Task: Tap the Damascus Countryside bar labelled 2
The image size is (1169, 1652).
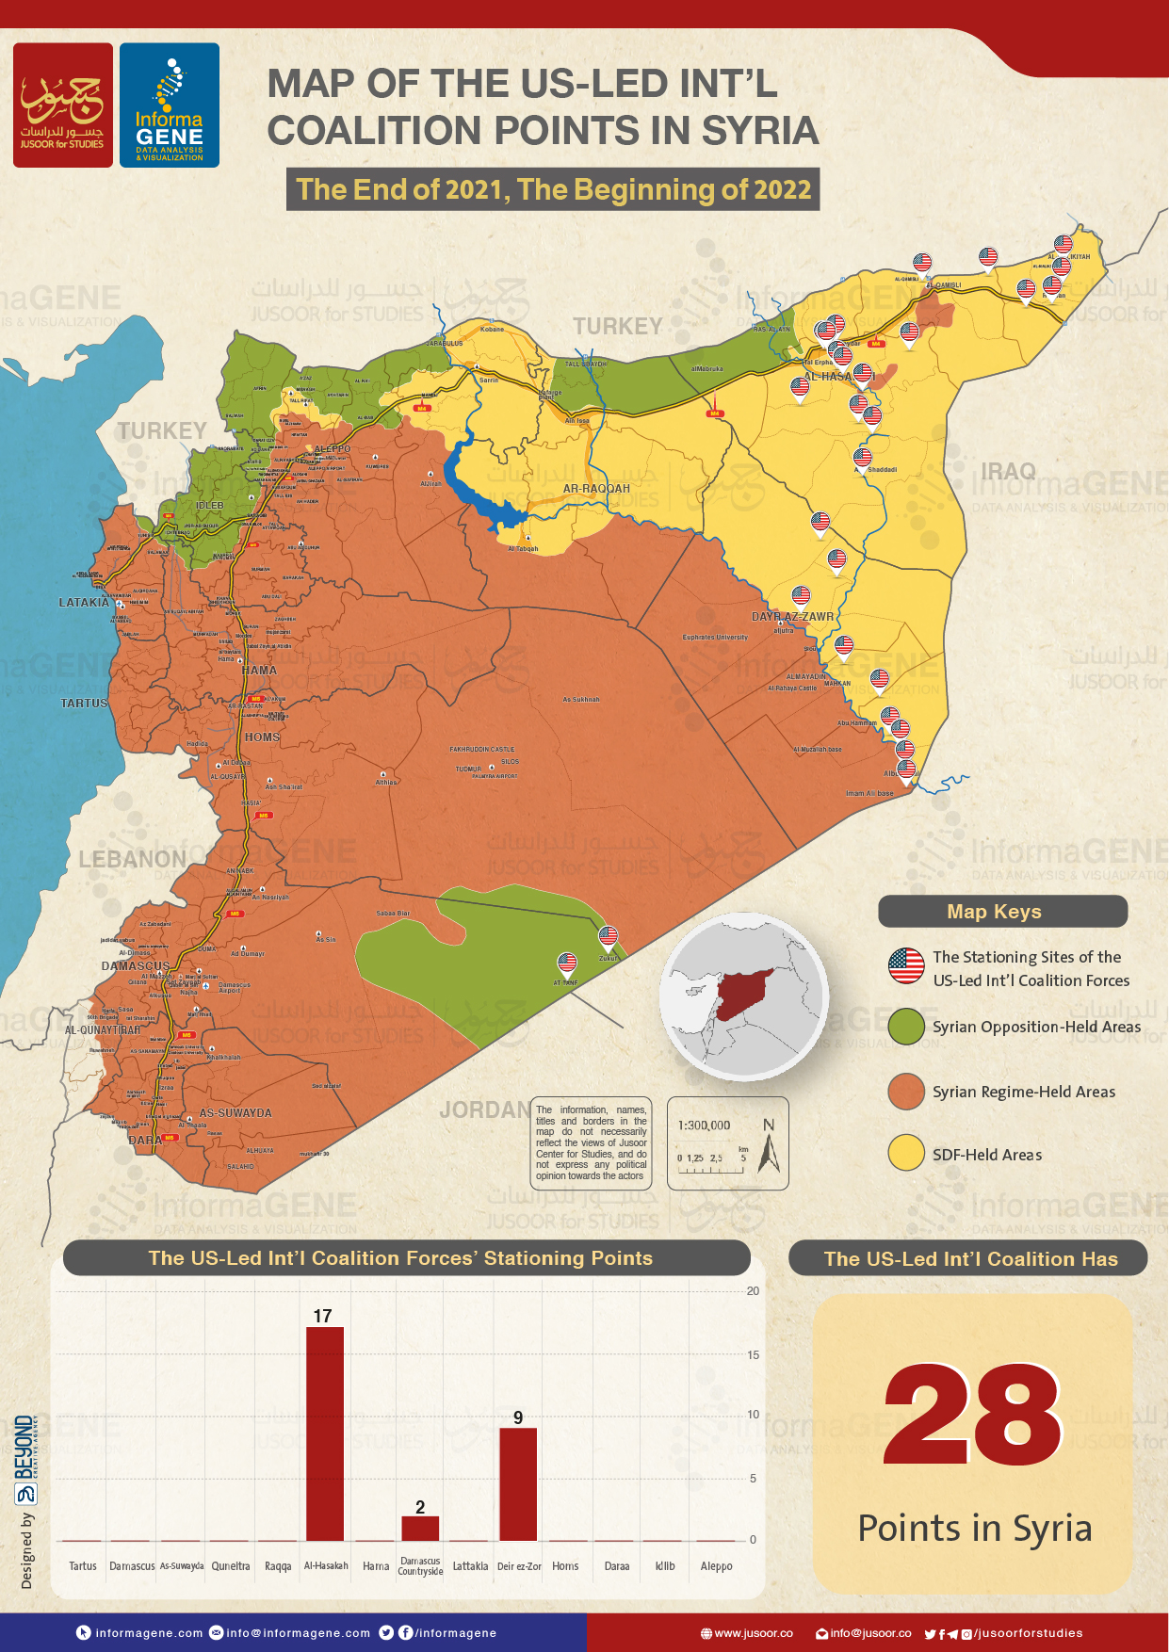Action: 420,1528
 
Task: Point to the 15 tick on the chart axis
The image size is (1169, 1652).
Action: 753,1354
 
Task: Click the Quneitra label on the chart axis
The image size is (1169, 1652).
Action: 231,1566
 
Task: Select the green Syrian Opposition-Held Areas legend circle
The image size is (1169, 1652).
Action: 906,1027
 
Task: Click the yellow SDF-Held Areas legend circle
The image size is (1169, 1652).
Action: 906,1154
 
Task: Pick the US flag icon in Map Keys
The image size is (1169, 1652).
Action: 906,966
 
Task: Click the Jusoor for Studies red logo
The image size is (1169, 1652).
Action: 63,105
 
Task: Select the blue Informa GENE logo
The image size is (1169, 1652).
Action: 170,105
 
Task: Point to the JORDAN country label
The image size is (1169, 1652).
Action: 483,1110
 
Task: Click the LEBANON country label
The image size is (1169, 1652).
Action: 132,859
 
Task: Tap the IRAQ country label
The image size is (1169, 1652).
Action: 1008,471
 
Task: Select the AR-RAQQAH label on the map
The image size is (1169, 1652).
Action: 596,489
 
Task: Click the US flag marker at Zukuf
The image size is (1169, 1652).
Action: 609,937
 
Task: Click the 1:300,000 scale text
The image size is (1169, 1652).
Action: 704,1126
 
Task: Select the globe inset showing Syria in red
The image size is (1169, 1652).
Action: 744,996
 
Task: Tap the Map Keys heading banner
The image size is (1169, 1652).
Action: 1002,912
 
